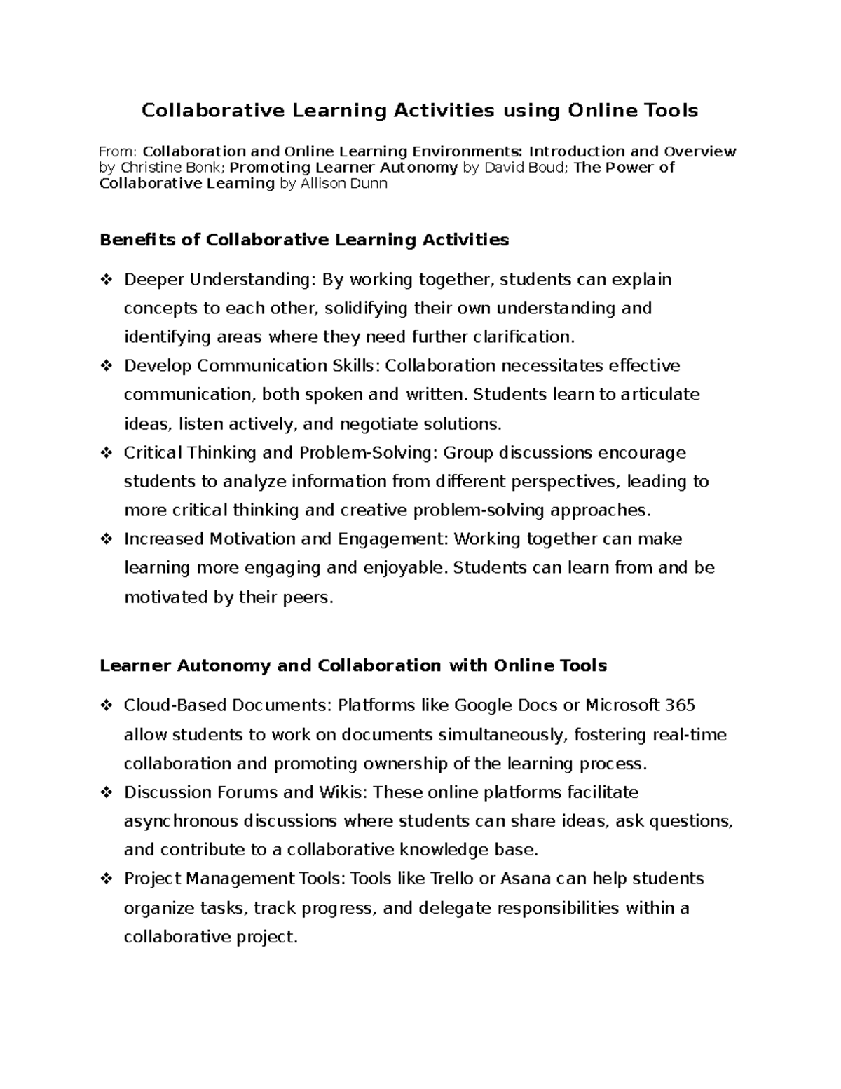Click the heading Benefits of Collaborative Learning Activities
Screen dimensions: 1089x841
[x=304, y=240]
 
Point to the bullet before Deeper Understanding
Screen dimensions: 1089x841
[x=107, y=280]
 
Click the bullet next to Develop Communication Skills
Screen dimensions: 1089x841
[x=107, y=366]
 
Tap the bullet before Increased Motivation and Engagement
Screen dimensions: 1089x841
[x=107, y=539]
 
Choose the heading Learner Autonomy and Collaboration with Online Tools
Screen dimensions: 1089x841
[x=353, y=665]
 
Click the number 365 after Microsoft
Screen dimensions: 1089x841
[x=680, y=705]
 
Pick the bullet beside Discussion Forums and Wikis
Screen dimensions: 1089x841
[x=107, y=792]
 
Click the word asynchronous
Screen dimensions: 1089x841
[x=178, y=821]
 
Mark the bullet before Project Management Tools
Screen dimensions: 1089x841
[x=107, y=879]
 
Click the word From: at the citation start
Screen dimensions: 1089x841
[x=119, y=152]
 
